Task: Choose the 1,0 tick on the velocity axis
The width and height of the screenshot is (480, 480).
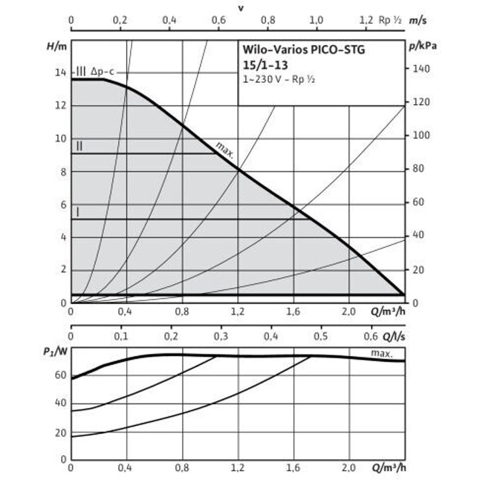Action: pyautogui.click(x=316, y=20)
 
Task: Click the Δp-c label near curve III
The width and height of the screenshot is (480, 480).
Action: pyautogui.click(x=103, y=71)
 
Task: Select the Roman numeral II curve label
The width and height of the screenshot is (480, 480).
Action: pyautogui.click(x=79, y=146)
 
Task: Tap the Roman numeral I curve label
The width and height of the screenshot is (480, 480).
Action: pyautogui.click(x=79, y=212)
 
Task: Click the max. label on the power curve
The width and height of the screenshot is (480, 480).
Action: pyautogui.click(x=382, y=353)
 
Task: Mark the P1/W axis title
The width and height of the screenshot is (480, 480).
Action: pyautogui.click(x=56, y=351)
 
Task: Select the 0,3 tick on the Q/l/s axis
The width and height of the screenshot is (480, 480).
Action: pyautogui.click(x=221, y=336)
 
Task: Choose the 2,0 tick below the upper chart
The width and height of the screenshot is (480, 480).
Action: pyautogui.click(x=349, y=311)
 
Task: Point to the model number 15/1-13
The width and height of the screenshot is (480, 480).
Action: pyautogui.click(x=263, y=66)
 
